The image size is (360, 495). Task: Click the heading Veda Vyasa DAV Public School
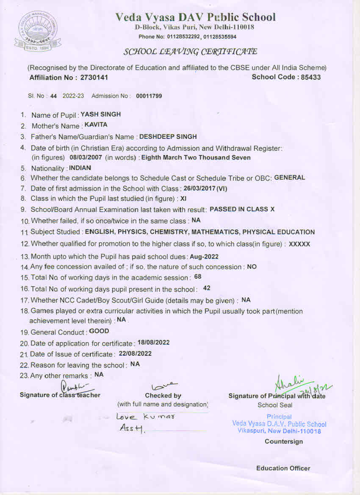(195, 17)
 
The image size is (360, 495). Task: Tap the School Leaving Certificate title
(190, 52)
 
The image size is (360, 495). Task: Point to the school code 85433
(310, 77)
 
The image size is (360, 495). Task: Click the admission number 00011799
(149, 96)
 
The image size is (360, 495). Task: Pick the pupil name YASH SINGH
(101, 114)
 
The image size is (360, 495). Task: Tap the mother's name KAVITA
(96, 124)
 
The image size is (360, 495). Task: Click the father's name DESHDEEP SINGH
(168, 137)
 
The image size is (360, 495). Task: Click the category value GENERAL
(290, 177)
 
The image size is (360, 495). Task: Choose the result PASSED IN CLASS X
(242, 209)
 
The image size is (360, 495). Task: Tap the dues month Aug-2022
(204, 257)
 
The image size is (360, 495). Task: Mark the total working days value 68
(197, 277)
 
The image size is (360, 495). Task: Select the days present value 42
(207, 288)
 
